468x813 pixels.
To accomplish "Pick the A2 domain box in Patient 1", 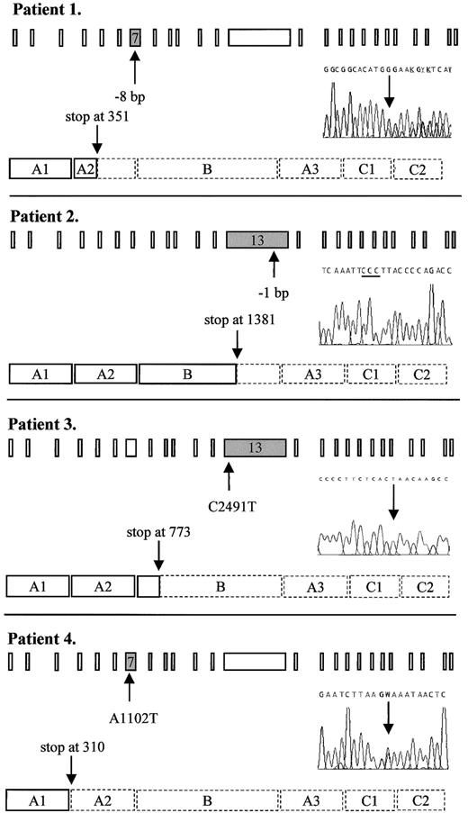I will pyautogui.click(x=85, y=168).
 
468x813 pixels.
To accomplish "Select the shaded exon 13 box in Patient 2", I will pyautogui.click(x=257, y=239).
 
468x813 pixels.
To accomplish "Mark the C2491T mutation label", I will pyautogui.click(x=229, y=494).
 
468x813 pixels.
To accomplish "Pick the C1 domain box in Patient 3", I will pyautogui.click(x=371, y=586).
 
